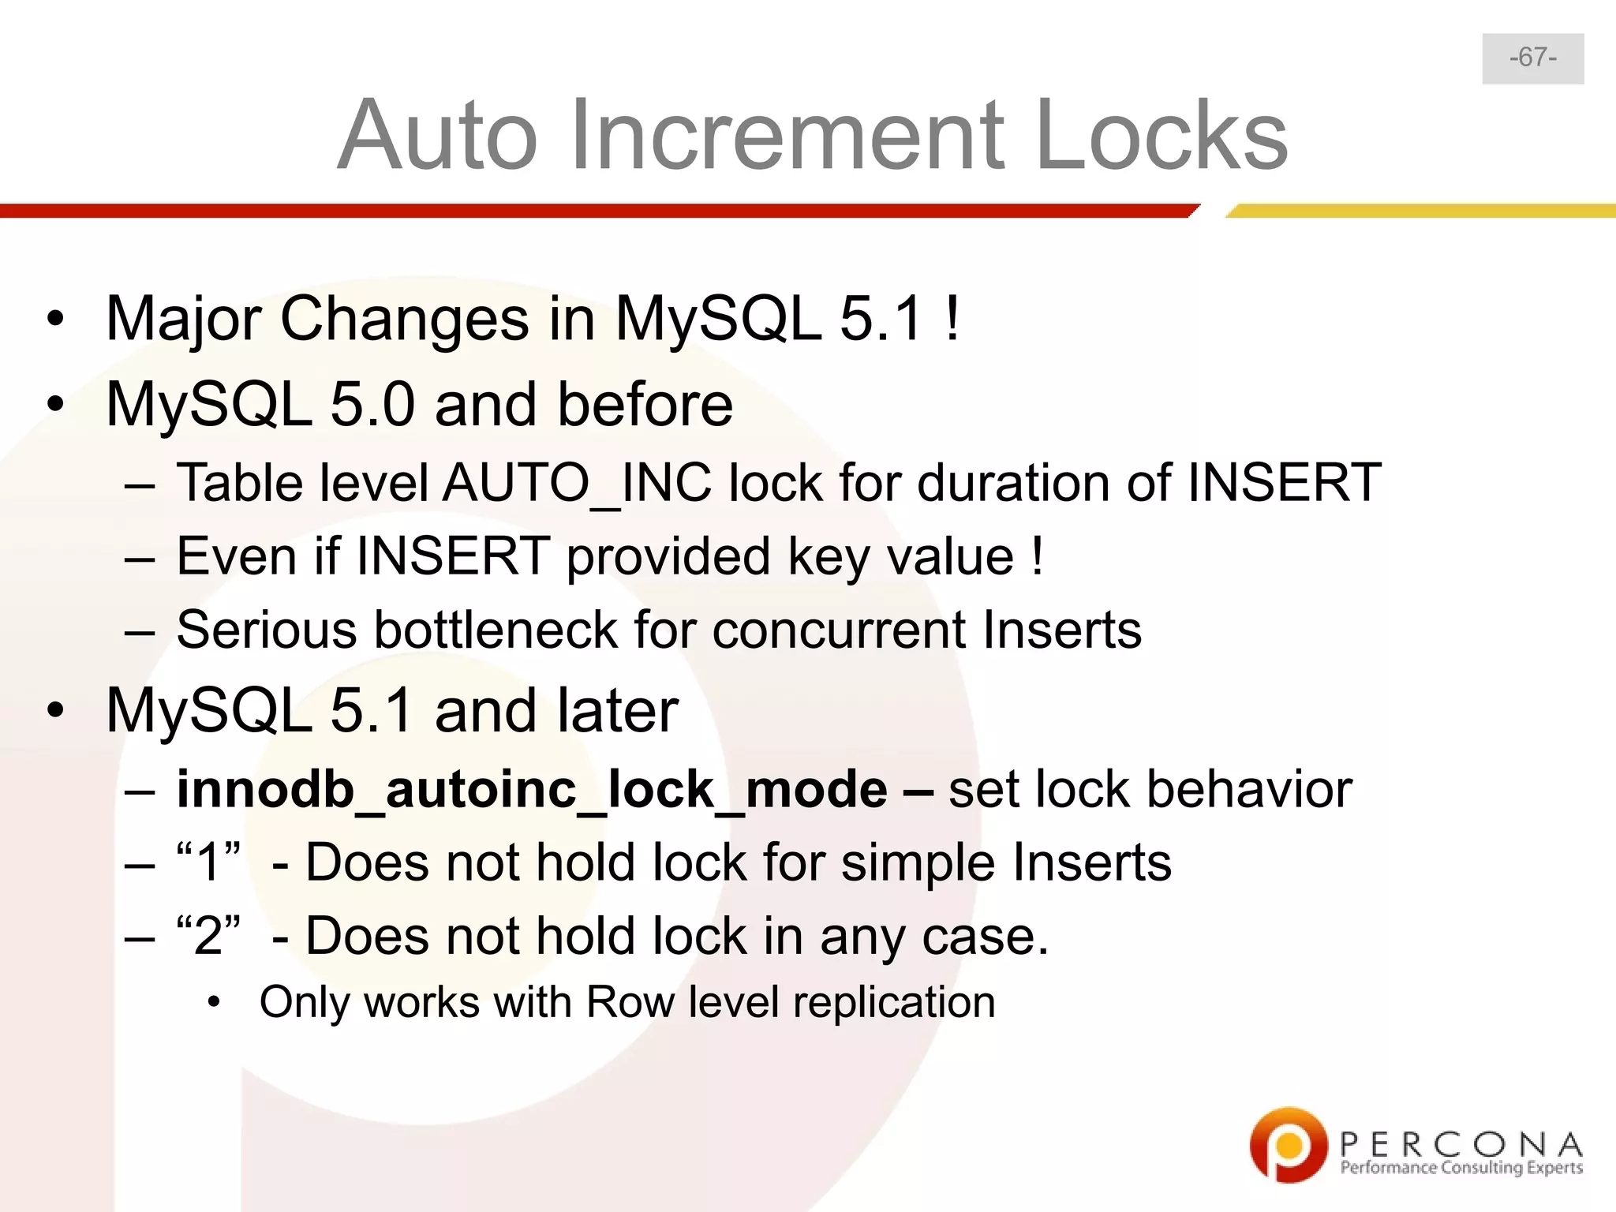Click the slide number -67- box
coord(1532,58)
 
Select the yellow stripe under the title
coord(1420,211)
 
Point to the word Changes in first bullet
coord(404,319)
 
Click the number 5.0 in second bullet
coord(372,405)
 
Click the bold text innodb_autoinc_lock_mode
coord(531,790)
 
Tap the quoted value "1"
coord(208,862)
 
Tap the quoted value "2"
coord(208,936)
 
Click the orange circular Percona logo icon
coord(1288,1145)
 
